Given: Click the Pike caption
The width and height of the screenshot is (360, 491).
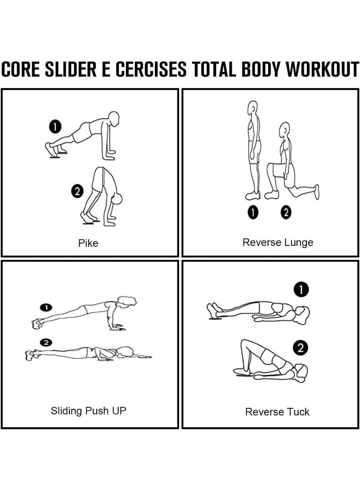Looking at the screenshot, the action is point(88,243).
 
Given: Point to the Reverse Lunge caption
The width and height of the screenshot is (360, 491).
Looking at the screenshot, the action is point(278,243).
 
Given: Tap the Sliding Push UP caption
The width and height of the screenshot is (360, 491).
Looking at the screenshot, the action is point(88,411).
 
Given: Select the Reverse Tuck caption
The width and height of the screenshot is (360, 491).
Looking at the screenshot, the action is point(277,411).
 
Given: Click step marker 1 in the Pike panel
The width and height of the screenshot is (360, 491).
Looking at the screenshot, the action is point(55,126).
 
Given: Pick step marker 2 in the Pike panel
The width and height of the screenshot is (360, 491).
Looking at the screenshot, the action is point(77,191).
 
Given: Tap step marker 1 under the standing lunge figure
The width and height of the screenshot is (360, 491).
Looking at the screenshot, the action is point(253,212).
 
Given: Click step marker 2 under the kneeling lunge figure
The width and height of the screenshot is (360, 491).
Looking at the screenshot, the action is point(286,212).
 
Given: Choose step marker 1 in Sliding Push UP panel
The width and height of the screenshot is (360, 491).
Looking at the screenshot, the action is point(46,308).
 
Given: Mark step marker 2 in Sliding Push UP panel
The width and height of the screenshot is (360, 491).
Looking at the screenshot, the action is point(46,342).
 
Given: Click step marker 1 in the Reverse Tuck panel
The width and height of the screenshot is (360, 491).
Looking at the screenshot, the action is point(301,290).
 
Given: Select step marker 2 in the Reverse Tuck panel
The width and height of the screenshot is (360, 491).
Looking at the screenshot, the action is point(301,348).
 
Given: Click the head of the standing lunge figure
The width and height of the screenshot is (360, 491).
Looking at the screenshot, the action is point(252,108).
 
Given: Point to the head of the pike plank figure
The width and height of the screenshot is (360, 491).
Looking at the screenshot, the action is point(114,119).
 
